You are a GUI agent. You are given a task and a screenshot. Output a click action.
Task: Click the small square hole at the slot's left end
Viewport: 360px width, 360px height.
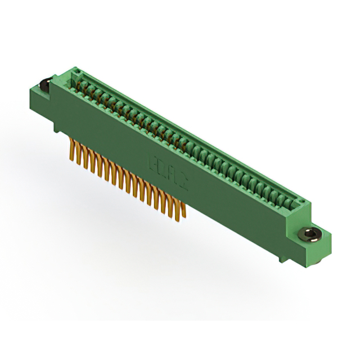click(78, 72)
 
